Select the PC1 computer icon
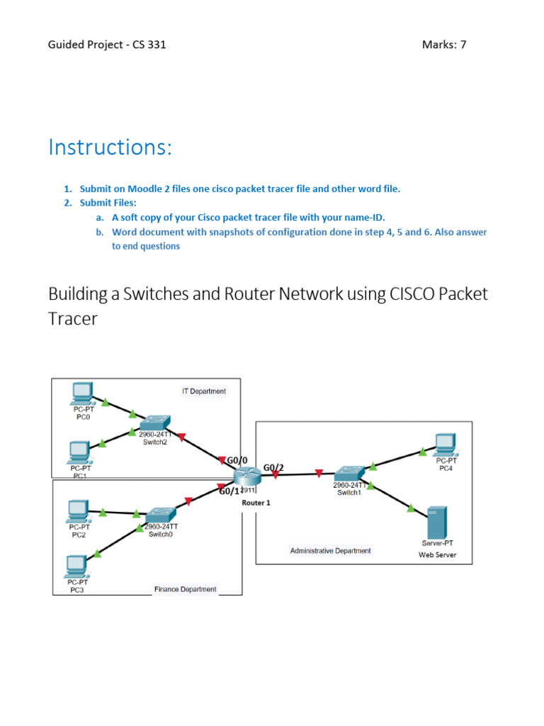point(79,451)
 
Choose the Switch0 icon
point(161,514)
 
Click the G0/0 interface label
point(237,461)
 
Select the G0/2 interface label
point(273,467)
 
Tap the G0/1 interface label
point(229,491)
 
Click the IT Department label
point(203,391)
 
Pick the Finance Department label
point(186,589)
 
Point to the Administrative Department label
point(330,550)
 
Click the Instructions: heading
point(110,147)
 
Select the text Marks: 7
point(444,45)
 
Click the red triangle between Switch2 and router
point(181,437)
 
